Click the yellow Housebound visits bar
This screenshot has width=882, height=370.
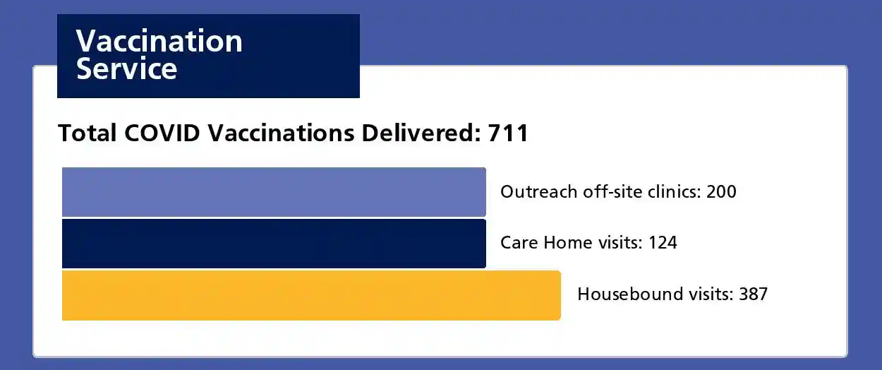click(x=310, y=295)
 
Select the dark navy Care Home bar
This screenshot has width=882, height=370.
click(x=274, y=244)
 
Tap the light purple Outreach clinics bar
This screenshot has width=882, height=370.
click(x=274, y=192)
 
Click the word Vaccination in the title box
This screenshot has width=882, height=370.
click(x=159, y=42)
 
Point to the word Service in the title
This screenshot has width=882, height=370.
click(x=126, y=69)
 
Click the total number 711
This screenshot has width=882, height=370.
click(x=508, y=133)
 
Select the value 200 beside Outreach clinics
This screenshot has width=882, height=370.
click(x=721, y=191)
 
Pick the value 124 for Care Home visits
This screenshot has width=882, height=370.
click(x=662, y=243)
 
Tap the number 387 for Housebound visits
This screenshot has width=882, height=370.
click(x=753, y=294)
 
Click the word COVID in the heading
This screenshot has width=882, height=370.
click(x=166, y=133)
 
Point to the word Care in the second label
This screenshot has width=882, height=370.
click(x=518, y=243)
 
